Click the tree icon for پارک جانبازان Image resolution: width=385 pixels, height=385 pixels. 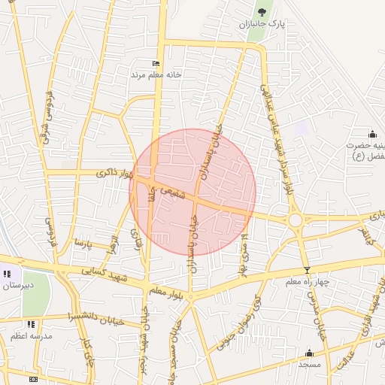262,12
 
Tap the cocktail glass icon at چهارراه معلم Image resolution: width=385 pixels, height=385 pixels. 306,270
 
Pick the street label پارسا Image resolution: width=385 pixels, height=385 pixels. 77,244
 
